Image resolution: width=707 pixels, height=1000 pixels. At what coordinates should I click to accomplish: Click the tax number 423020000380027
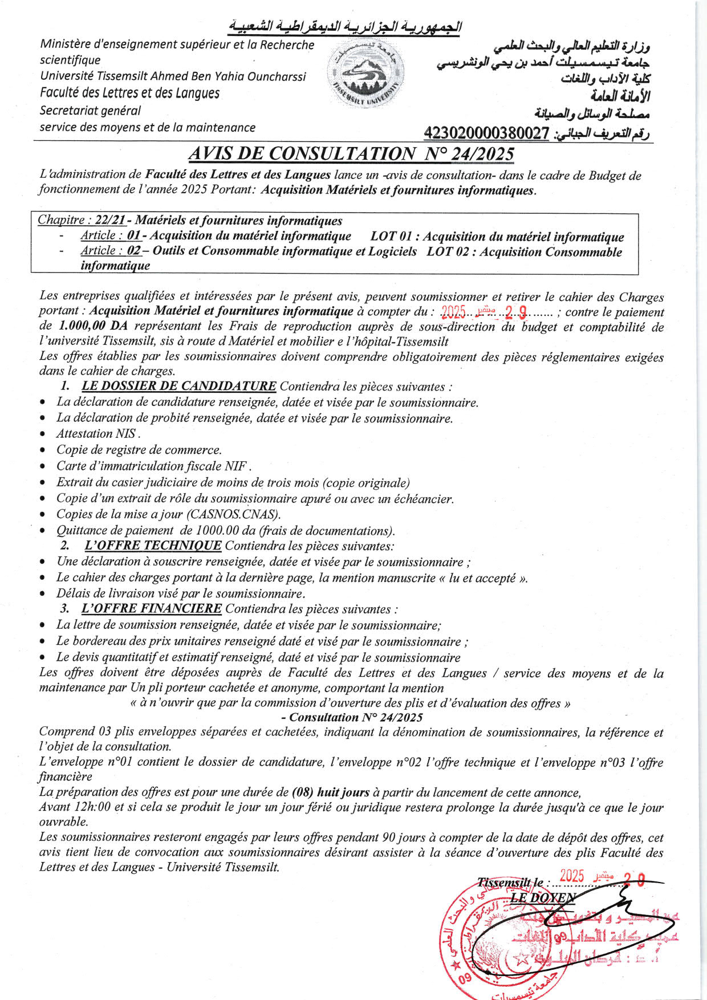[486, 133]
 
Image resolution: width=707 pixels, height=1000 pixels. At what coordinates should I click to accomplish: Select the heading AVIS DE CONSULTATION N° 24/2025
[351, 153]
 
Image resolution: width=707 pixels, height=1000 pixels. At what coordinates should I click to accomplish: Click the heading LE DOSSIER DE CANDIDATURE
[179, 386]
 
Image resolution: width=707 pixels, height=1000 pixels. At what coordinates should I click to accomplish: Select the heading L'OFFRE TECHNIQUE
[153, 546]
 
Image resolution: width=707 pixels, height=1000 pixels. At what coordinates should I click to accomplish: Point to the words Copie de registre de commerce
[139, 450]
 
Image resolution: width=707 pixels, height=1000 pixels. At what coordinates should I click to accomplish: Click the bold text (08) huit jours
[331, 792]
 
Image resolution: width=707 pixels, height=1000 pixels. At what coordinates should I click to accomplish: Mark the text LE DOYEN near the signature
[542, 897]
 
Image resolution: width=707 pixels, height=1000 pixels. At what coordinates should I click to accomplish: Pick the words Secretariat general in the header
[90, 111]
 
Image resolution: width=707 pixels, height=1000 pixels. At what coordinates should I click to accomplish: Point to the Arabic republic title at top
[345, 27]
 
